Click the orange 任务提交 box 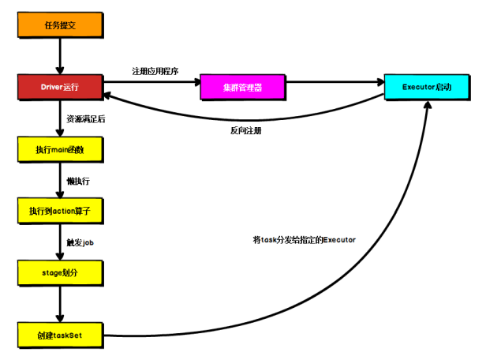click(59, 24)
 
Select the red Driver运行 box click(59, 86)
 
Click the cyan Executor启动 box click(431, 86)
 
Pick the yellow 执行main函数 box click(59, 148)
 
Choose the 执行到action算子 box click(59, 211)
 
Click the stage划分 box click(59, 272)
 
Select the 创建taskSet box click(59, 335)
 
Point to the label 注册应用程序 click(155, 71)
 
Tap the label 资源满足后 click(86, 119)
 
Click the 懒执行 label click(78, 181)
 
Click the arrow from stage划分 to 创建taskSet click(59, 304)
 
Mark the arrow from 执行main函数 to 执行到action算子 click(59, 180)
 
